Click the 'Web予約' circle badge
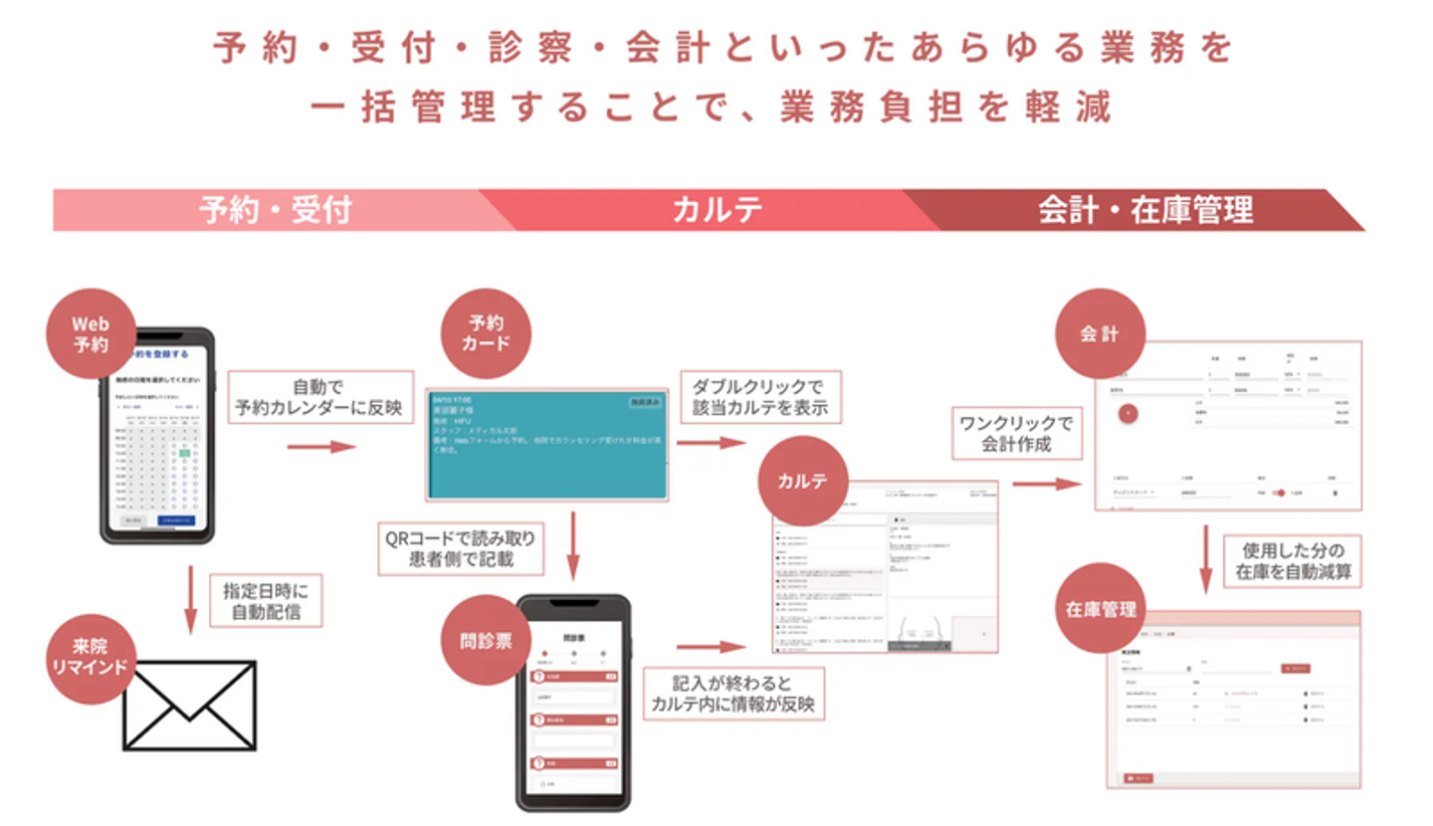[x=91, y=333]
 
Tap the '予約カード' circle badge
[x=486, y=333]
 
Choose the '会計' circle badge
[x=1099, y=334]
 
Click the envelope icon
[x=189, y=705]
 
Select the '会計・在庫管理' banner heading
[x=1144, y=210]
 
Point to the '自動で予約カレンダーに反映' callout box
[x=320, y=397]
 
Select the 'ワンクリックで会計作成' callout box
[x=1015, y=435]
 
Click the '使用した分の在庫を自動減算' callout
[x=1292, y=561]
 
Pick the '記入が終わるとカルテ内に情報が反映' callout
[x=733, y=694]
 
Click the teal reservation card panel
[x=546, y=444]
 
